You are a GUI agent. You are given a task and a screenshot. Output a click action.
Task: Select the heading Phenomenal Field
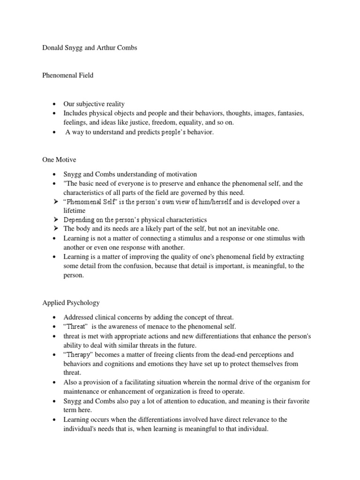coord(67,75)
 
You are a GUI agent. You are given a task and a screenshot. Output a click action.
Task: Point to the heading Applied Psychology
coord(71,303)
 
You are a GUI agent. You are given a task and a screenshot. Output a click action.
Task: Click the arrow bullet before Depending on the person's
coord(55,219)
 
